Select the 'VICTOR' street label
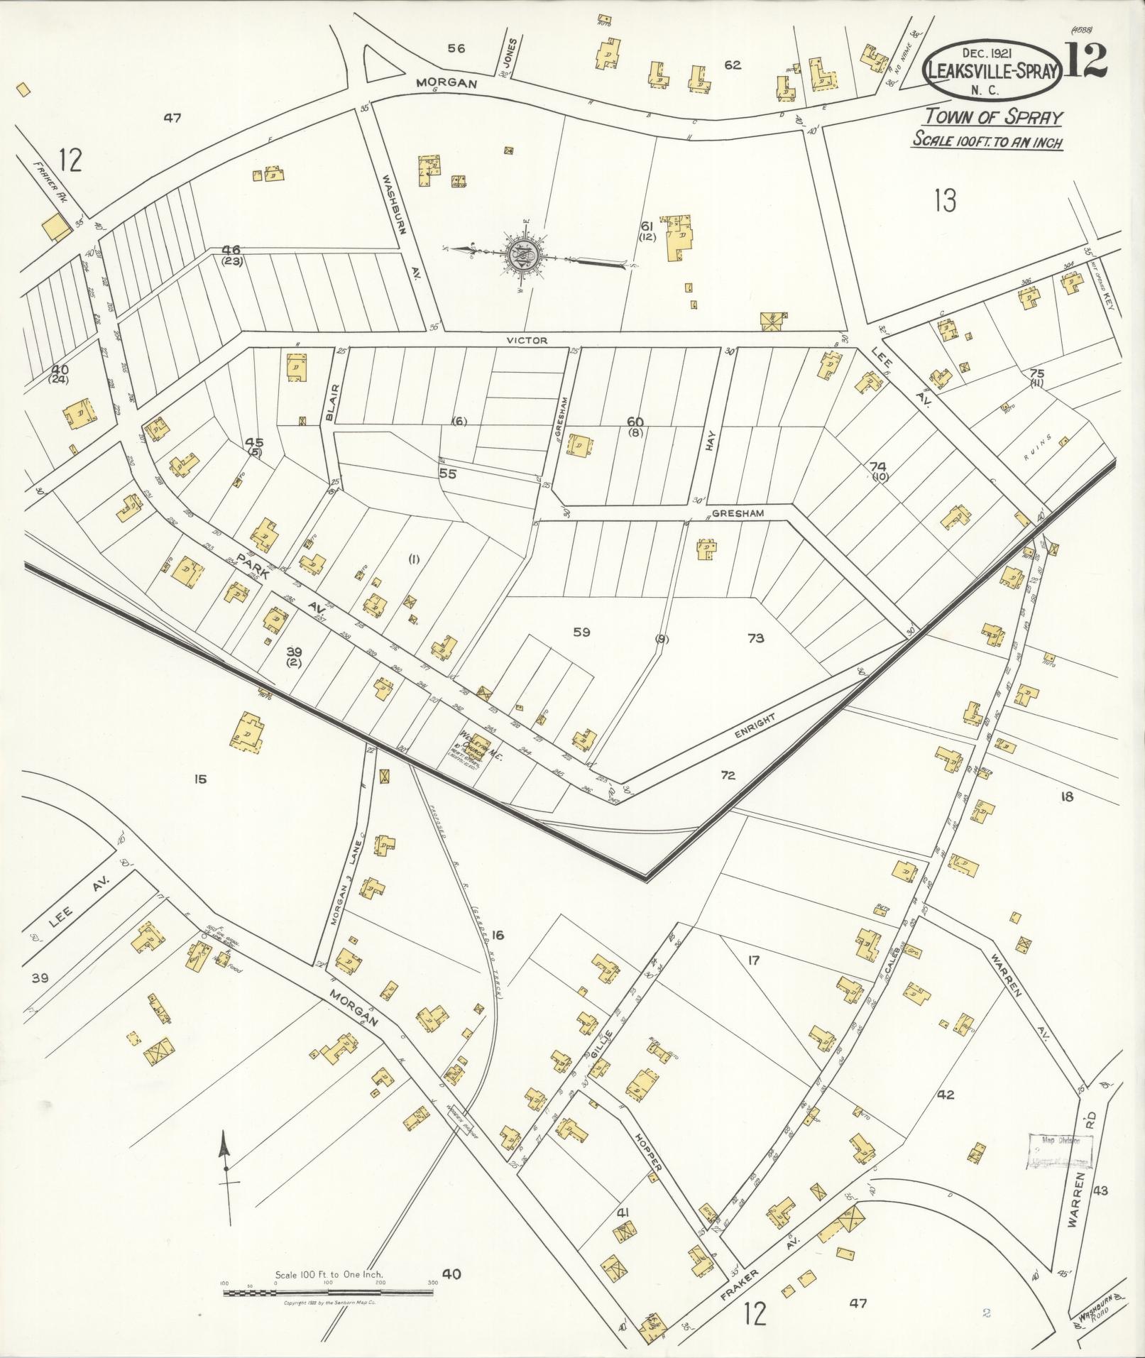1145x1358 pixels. (527, 340)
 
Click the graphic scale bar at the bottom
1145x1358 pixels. (328, 1293)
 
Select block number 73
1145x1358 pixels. (756, 638)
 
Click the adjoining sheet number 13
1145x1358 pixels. (946, 201)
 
